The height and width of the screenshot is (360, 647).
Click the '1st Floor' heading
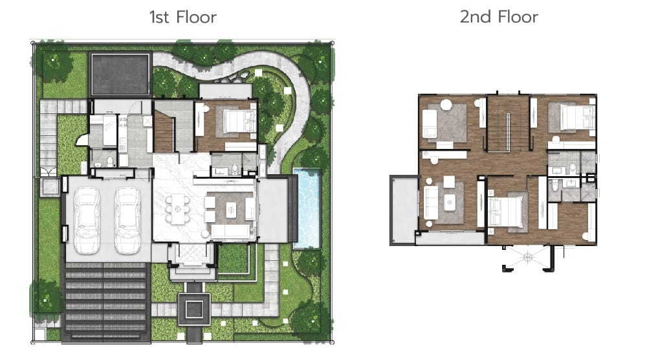183,17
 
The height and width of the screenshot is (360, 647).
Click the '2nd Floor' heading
499,17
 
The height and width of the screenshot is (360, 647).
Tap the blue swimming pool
307,208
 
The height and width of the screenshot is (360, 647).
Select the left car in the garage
87,220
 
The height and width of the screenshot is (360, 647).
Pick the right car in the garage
127,220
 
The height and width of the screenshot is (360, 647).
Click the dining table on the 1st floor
178,209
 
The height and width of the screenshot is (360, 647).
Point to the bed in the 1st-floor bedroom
239,120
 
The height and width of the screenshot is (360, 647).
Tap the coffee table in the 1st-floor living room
231,211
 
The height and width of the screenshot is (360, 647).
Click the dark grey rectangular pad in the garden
120,74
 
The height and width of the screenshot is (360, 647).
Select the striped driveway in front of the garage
106,302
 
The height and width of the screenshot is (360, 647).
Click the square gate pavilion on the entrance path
194,309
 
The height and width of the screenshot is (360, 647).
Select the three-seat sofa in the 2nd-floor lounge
430,203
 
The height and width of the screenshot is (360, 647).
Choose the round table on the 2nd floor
446,105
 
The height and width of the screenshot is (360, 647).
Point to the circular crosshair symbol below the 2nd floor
528,258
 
